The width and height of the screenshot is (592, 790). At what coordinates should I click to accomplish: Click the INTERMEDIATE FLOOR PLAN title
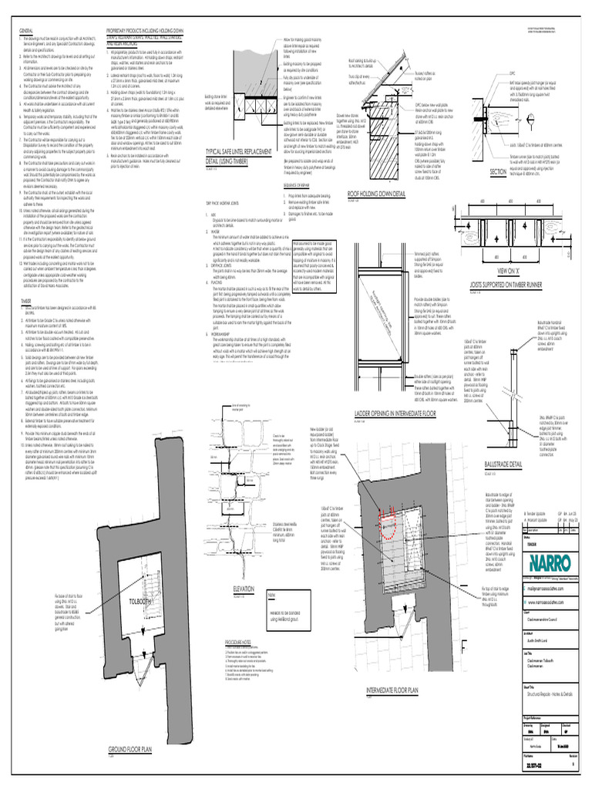392,689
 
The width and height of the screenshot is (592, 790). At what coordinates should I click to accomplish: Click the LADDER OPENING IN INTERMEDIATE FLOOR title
395,414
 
